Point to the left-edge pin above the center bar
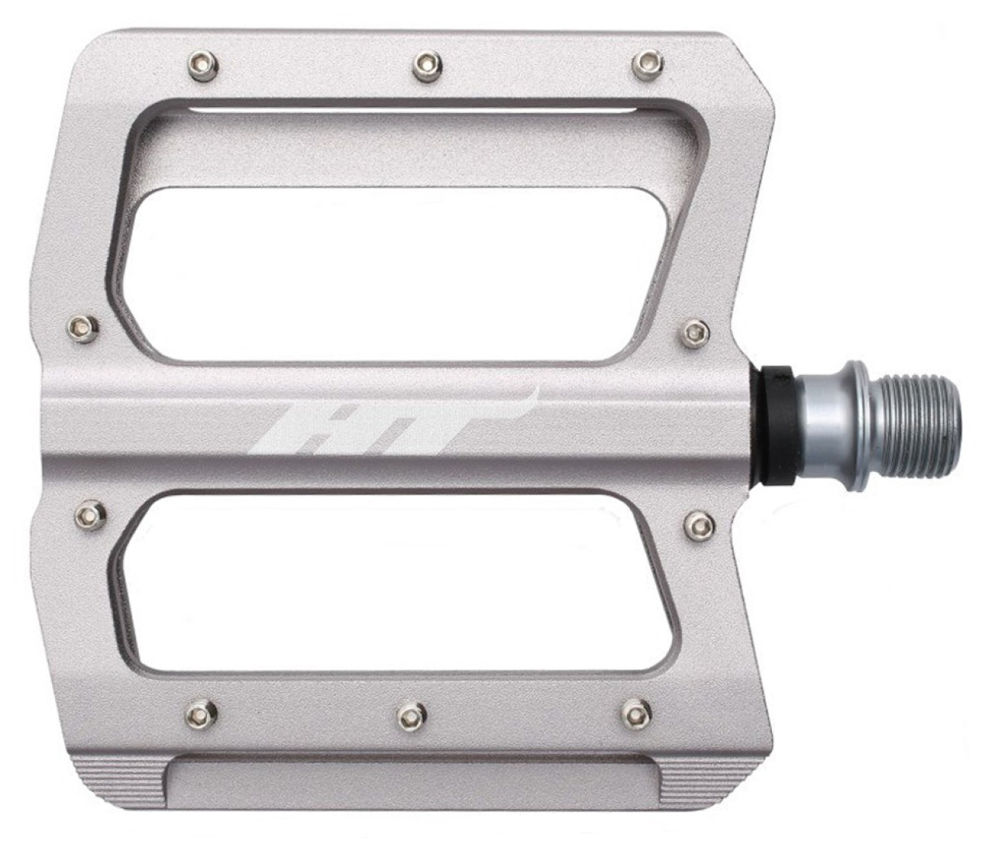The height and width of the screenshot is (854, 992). [84, 328]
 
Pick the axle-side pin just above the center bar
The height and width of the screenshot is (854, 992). [697, 332]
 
